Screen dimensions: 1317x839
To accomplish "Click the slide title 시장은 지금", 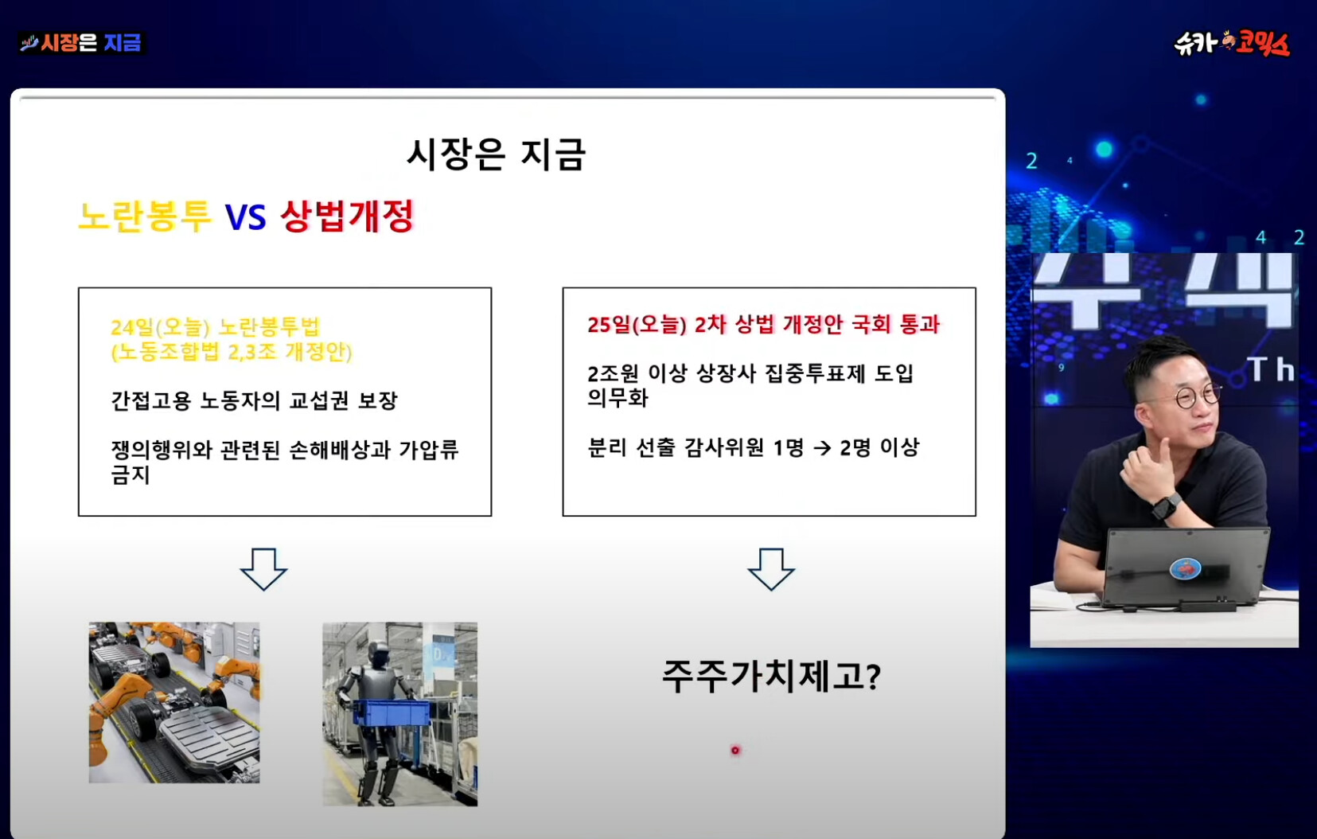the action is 497,154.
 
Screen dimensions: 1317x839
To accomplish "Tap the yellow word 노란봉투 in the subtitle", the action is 145,217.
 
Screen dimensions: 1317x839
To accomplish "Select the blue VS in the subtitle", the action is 246,217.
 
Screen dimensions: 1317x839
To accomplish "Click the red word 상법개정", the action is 348,217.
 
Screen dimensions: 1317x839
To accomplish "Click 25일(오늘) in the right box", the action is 637,325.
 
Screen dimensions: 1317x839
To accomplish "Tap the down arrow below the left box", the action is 263,568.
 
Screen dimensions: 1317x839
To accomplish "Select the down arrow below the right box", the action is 771,568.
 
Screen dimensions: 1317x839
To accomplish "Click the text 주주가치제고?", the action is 771,676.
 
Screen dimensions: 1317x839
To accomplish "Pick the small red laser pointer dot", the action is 735,750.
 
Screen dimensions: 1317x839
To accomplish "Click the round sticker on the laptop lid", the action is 1186,568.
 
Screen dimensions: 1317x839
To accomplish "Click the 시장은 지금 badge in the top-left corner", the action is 82,43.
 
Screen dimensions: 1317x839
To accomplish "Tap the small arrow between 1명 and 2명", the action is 822,449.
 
